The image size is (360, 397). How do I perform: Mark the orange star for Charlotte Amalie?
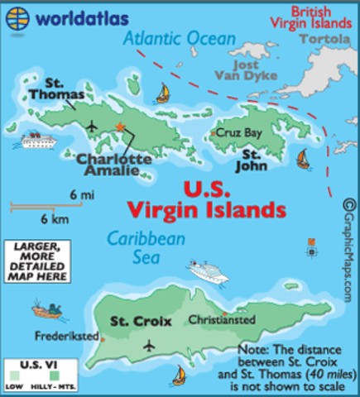(x=121, y=127)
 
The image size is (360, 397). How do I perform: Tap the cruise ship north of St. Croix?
(x=206, y=270)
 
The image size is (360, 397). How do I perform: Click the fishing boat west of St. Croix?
(x=48, y=310)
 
